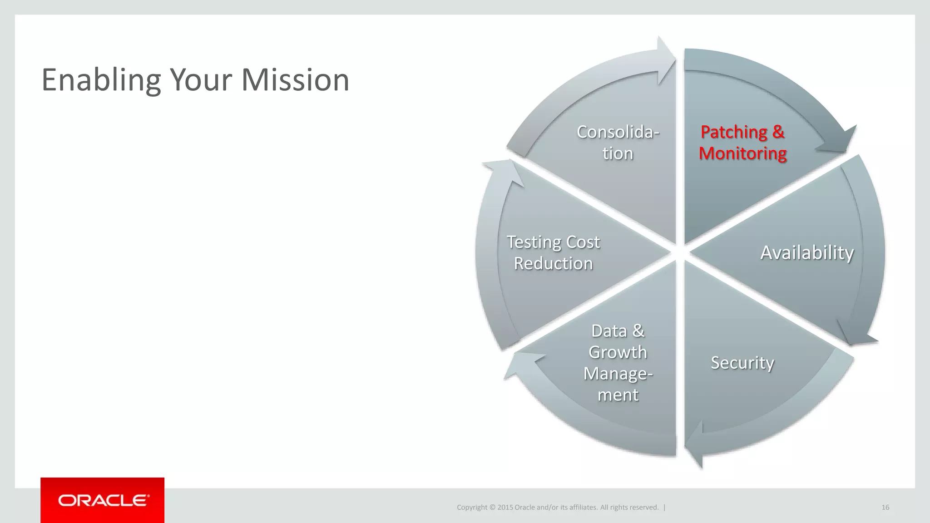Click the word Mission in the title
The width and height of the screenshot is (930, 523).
coord(295,80)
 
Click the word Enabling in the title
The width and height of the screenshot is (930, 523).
coord(101,81)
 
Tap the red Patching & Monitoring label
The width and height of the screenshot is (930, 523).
coord(742,143)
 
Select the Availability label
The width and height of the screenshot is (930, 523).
coord(807,252)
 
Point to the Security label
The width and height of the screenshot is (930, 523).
coord(742,363)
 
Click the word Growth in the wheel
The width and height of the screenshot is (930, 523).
coord(618,352)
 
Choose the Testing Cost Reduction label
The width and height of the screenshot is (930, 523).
coord(553,253)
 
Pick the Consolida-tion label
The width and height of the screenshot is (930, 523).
coord(618,143)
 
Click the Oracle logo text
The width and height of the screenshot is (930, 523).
coord(103,500)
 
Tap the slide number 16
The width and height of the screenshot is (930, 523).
coord(885,508)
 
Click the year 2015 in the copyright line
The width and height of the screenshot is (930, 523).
coord(505,508)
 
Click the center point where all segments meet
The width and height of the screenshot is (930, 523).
coord(680,252)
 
